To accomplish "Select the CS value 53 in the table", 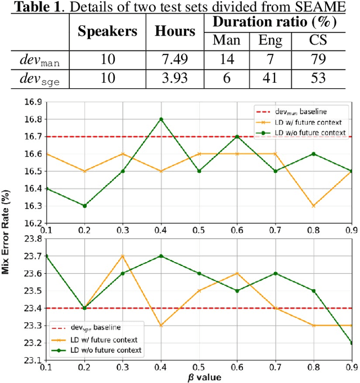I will click(317, 78).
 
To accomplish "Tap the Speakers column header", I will click(107, 31).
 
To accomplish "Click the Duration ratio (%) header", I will click(274, 22).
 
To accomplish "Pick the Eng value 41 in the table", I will click(271, 78).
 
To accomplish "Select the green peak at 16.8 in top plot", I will click(161, 119).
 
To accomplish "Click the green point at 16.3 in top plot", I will click(84, 206).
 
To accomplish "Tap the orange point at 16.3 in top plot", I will click(314, 206).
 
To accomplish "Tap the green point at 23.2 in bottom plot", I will click(352, 343).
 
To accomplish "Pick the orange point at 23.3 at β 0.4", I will click(161, 325).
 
